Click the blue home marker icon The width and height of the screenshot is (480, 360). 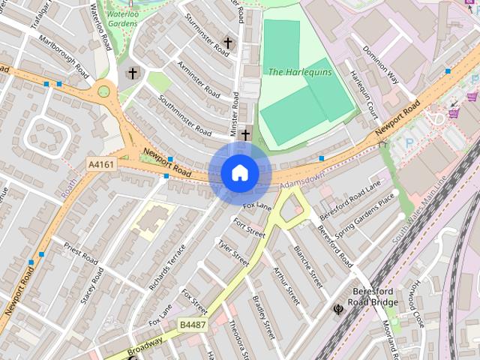click(240, 173)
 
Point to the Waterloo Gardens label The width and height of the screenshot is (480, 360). click(121, 18)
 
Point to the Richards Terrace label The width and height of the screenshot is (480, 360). click(166, 267)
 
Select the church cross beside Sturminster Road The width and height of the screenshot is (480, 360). click(228, 43)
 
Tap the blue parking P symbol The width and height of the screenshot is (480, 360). click(409, 142)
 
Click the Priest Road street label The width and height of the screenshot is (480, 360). click(81, 253)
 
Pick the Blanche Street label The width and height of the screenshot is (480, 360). click(308, 267)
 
